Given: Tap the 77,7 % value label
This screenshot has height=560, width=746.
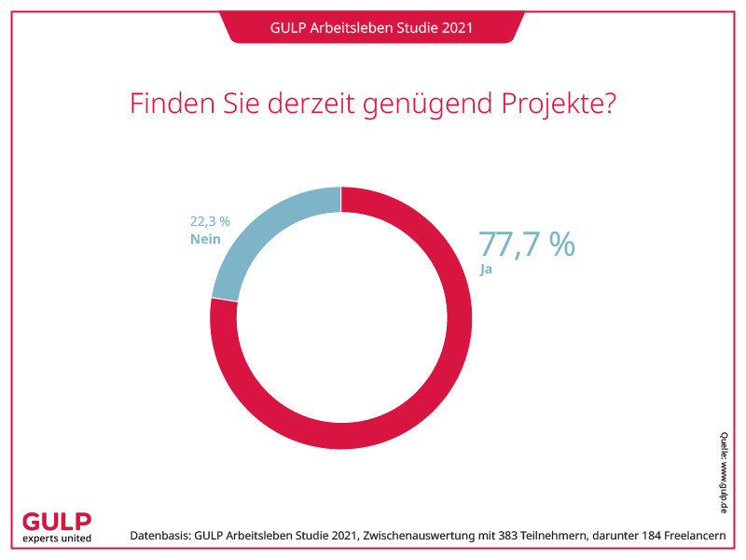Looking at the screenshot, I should click(x=527, y=244).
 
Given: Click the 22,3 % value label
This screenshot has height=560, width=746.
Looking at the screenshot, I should click(x=210, y=221).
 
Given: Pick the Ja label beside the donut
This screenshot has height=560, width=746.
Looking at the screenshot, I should click(x=485, y=270).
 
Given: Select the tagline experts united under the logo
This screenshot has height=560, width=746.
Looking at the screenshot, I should click(x=56, y=539).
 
